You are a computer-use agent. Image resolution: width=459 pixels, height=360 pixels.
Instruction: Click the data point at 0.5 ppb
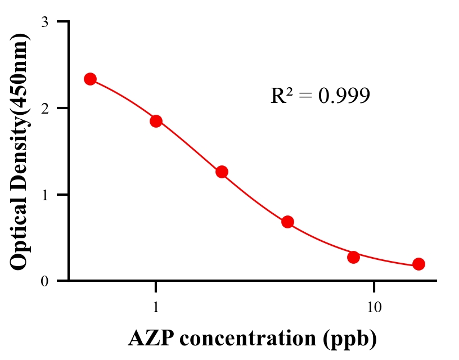[x=91, y=79]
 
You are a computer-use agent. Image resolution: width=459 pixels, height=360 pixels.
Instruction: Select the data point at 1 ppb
[x=156, y=121]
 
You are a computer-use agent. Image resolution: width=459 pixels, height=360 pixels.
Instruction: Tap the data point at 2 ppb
[x=222, y=172]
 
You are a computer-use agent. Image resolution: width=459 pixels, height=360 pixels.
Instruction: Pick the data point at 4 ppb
[x=287, y=222]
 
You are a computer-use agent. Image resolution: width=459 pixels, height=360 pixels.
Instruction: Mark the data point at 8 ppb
[x=353, y=257]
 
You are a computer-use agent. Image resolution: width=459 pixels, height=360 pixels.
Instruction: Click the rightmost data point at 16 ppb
[x=418, y=264]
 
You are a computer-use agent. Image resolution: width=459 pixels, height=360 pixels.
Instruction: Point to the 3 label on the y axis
[x=45, y=22]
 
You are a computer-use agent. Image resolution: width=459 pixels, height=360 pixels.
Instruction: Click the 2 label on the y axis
[x=45, y=108]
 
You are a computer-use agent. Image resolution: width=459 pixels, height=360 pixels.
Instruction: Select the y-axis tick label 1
[x=45, y=195]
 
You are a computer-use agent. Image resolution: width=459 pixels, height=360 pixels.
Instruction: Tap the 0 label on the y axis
[x=45, y=281]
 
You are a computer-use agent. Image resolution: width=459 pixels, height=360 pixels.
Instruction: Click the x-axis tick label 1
[x=156, y=308]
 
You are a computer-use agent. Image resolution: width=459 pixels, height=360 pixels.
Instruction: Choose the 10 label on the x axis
[x=374, y=308]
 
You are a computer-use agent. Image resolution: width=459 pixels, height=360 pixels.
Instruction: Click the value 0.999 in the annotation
[x=344, y=96]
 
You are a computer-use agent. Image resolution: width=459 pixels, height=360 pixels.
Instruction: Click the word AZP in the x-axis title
[x=150, y=339]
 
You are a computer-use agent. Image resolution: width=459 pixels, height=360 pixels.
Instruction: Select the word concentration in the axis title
[x=247, y=339]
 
